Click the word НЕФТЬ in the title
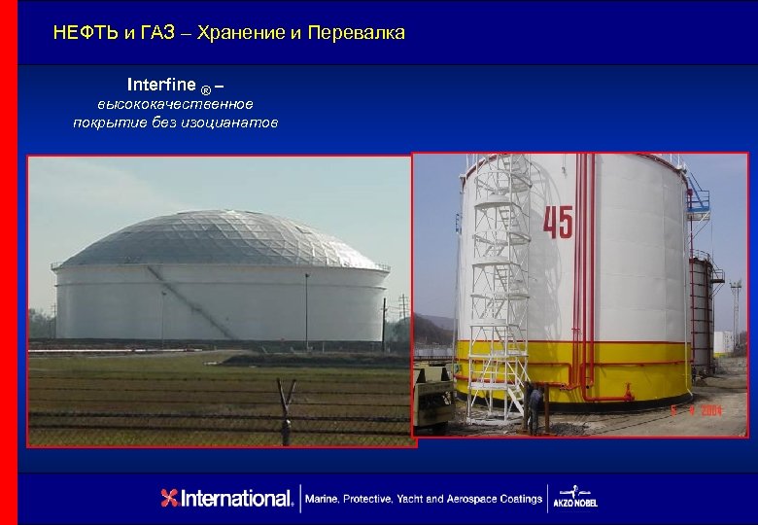coord(86,33)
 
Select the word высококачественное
coord(175,104)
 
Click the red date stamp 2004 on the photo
coord(731,412)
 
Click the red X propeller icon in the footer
coord(170,499)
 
